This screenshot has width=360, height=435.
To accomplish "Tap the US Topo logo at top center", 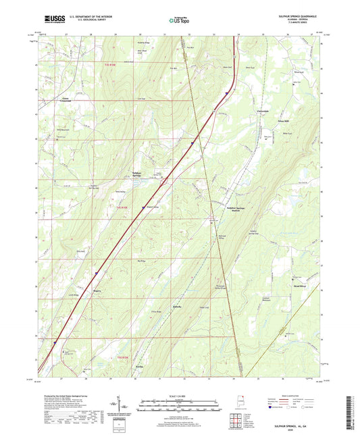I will [179, 20].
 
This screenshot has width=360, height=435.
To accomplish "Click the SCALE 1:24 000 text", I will [179, 394].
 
